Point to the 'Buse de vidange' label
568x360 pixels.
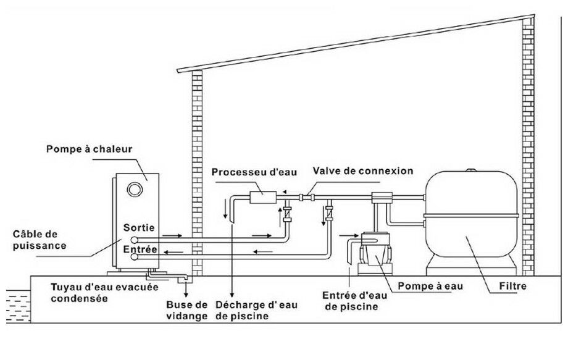tap(187, 310)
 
